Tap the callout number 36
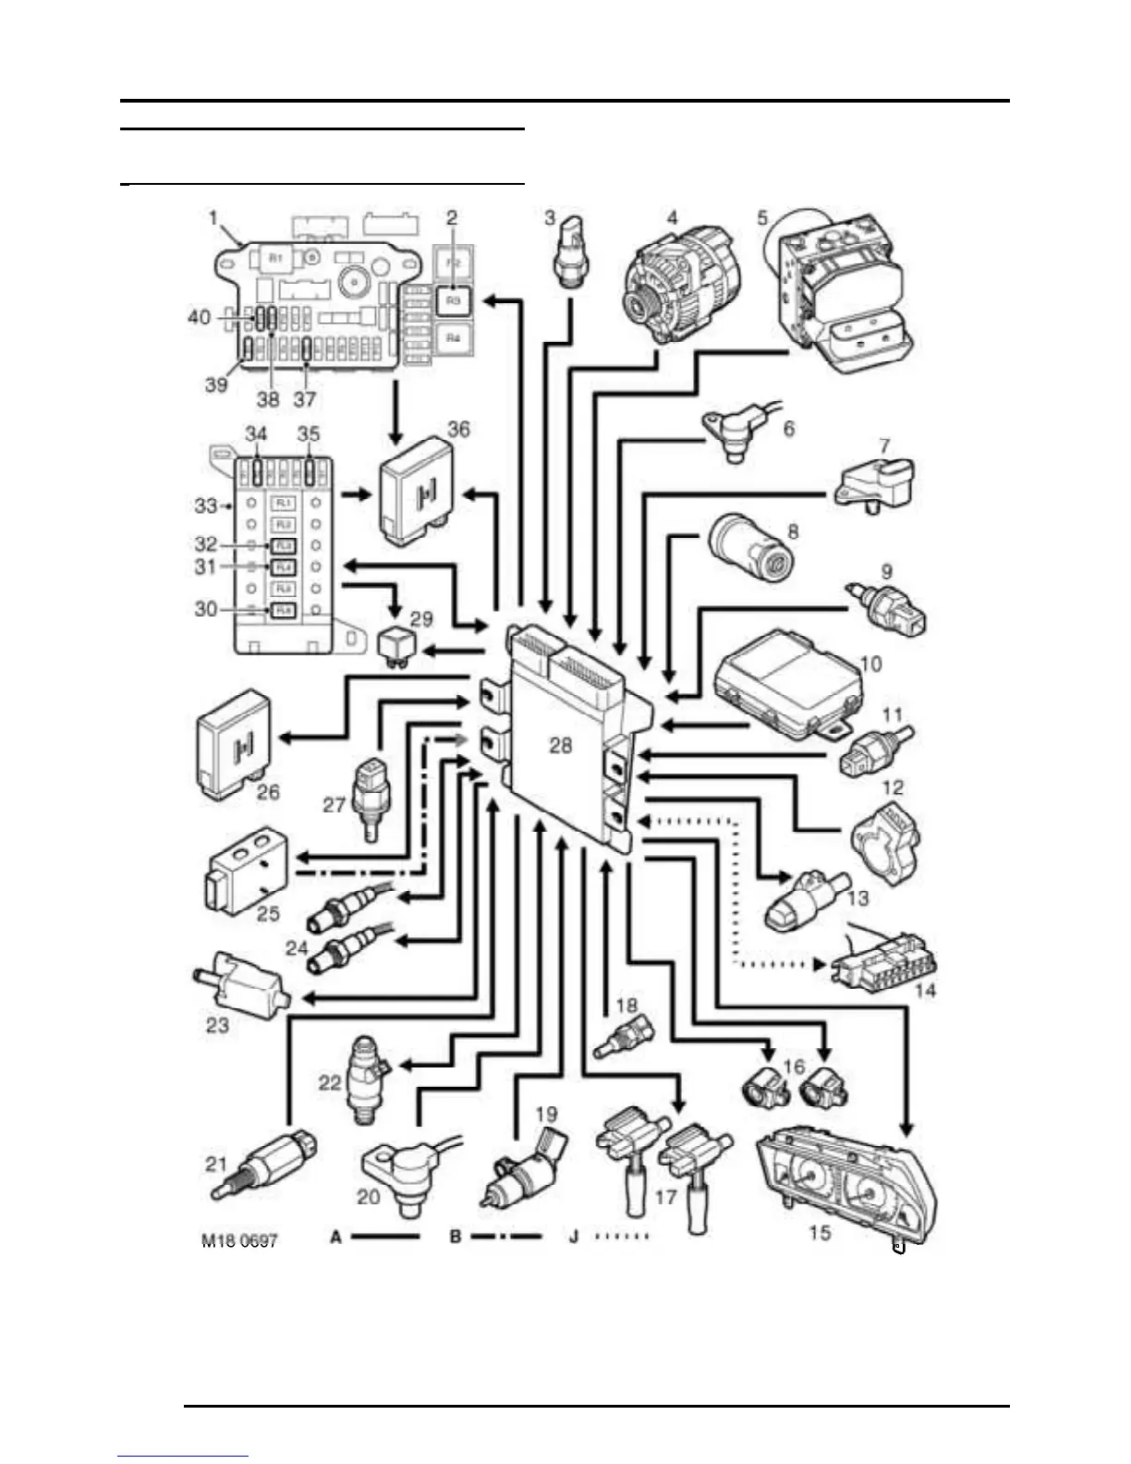[x=458, y=429]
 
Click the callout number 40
[x=200, y=317]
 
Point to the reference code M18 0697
[x=239, y=1240]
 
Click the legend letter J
[x=574, y=1237]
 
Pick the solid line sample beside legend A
[x=386, y=1237]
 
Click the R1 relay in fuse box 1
[x=275, y=259]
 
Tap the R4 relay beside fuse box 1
[x=453, y=338]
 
